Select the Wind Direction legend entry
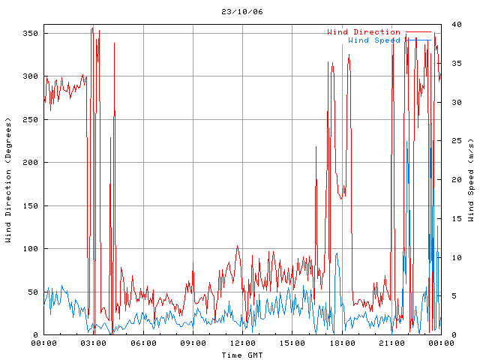tap(364, 32)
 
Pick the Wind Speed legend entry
tap(374, 40)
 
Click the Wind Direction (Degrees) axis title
tap(8, 180)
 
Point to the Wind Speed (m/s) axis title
tap(471, 180)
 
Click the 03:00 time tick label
tap(94, 343)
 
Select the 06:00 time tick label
tap(143, 343)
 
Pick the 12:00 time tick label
tap(242, 343)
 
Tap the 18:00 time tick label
tap(341, 343)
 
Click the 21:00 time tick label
tap(391, 343)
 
